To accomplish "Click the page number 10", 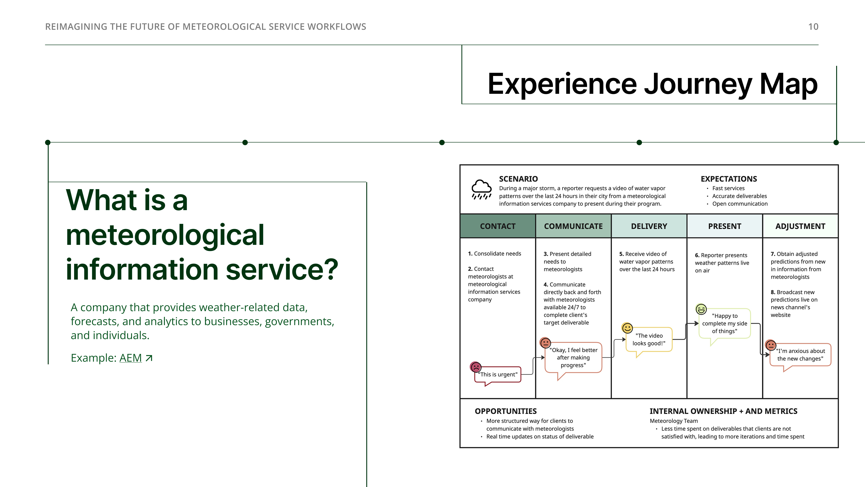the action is pos(813,27).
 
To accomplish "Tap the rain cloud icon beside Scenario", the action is pos(482,189).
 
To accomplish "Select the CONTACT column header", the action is pos(498,226).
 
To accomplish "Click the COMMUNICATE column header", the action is pos(573,226).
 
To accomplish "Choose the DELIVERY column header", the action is pos(649,226).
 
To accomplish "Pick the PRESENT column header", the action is pos(725,226).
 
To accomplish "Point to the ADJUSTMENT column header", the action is pos(800,226).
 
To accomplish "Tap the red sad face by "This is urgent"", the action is pos(476,367).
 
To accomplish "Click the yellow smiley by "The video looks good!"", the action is pos(627,328).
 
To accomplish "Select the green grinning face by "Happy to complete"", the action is pos(701,309).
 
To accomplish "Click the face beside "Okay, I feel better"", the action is pos(545,343).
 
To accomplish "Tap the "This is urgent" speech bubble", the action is pos(498,375).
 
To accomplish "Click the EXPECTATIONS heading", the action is pos(729,179).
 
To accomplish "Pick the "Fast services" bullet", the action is pos(728,188).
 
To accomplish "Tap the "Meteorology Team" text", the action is pos(674,421).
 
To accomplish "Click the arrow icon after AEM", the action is pos(149,358).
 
